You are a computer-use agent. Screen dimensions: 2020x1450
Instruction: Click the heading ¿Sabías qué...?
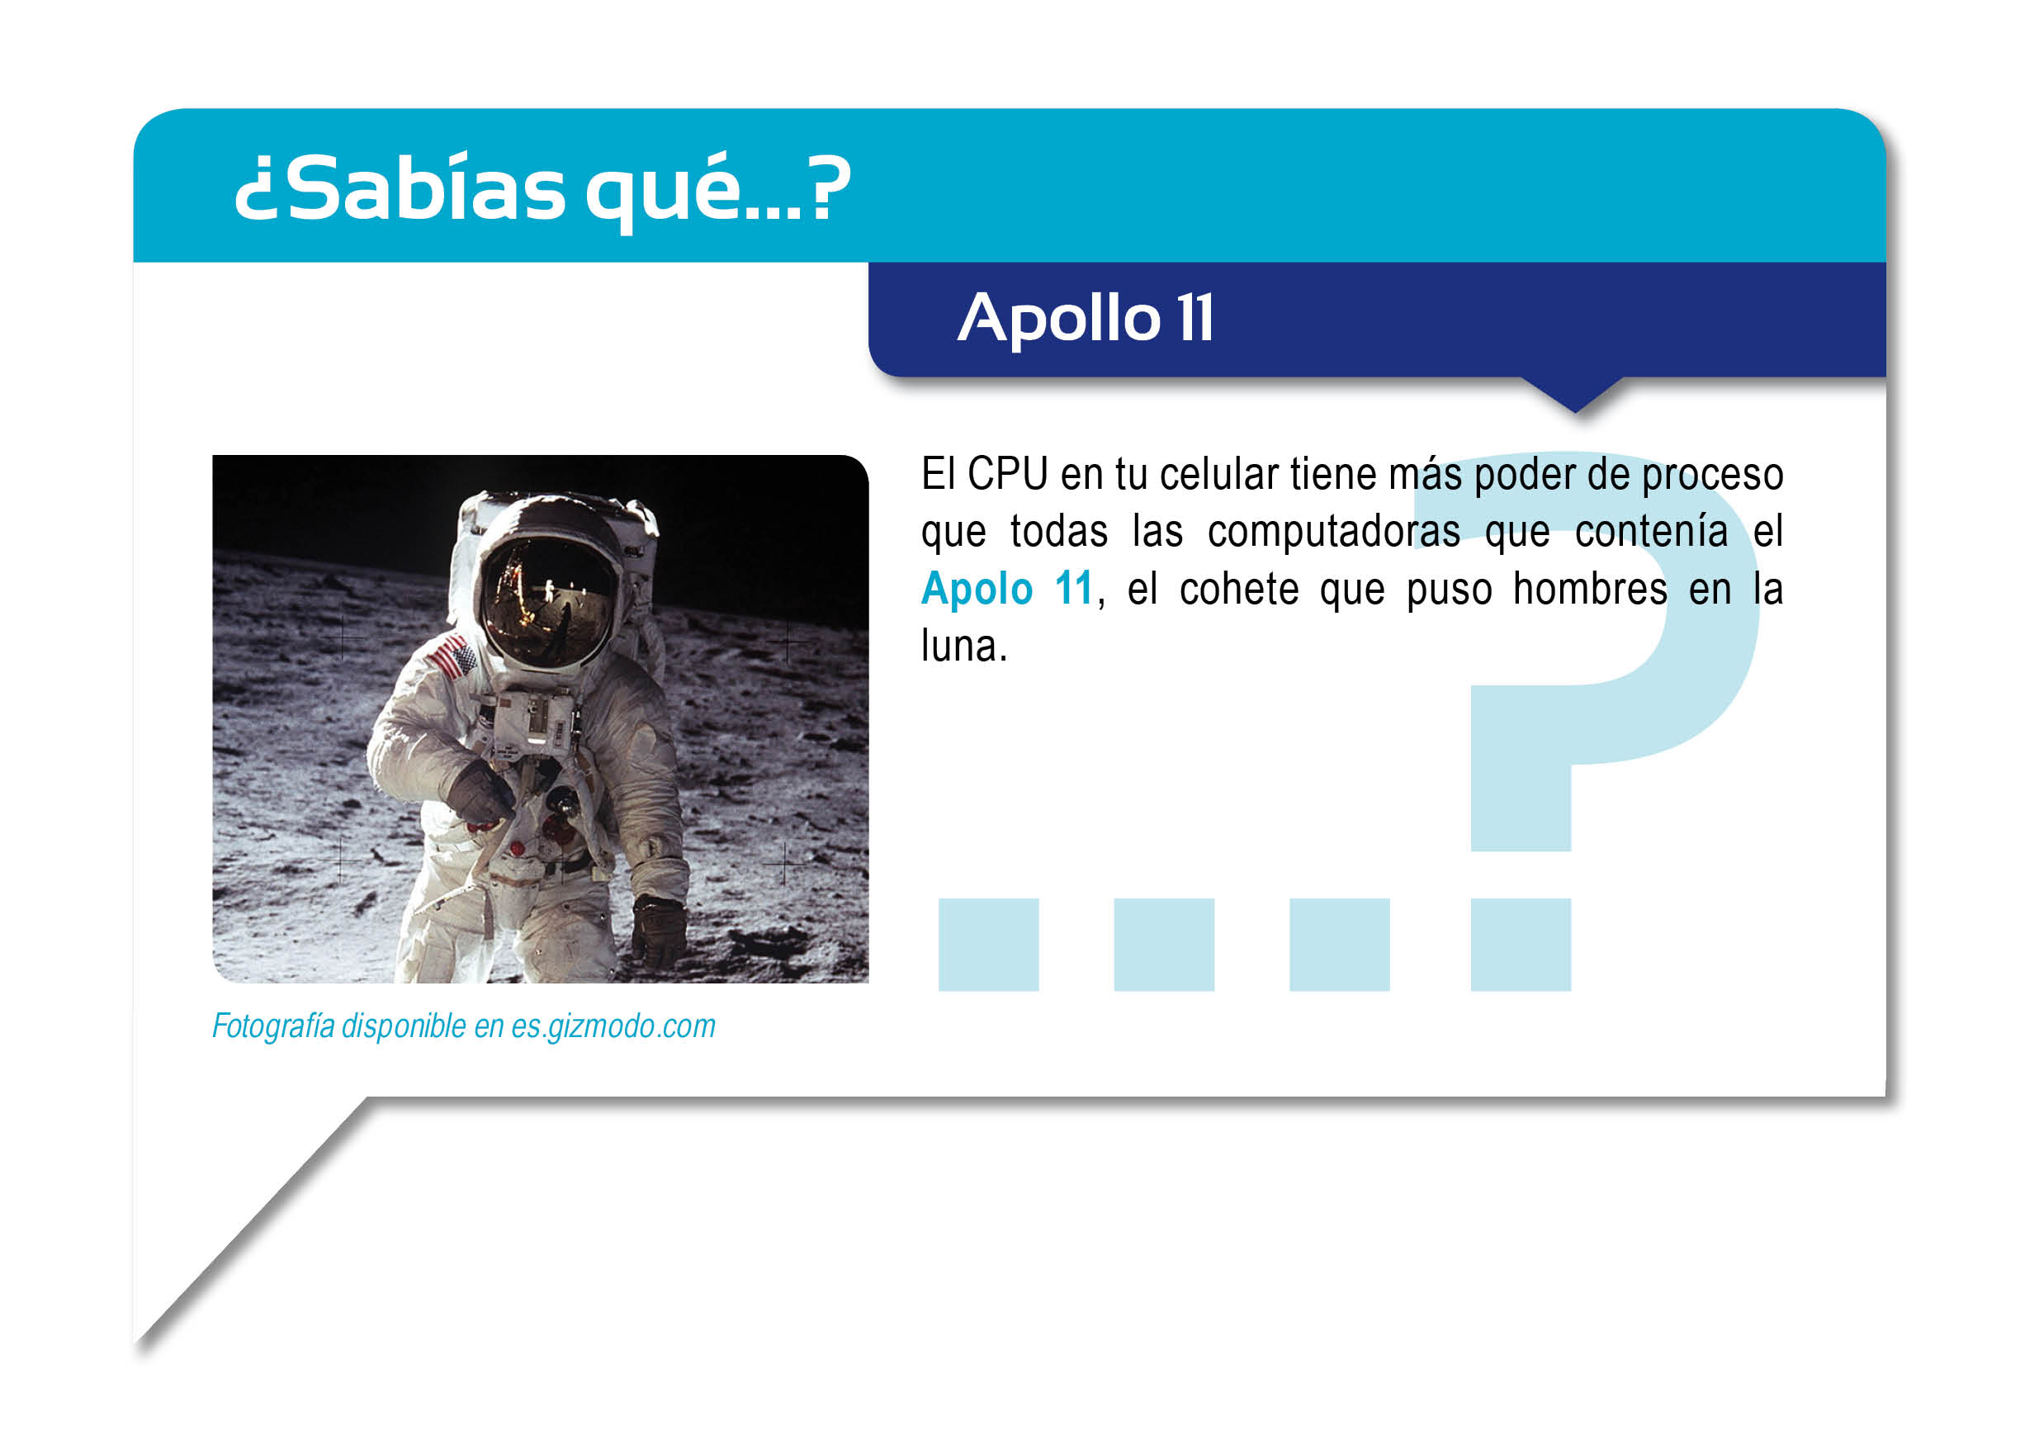click(x=542, y=190)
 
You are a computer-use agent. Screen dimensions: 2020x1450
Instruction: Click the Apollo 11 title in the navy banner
click(x=1086, y=318)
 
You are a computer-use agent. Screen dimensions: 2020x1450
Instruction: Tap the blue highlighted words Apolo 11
click(x=1006, y=589)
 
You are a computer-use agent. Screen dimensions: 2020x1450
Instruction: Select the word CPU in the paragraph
click(x=1007, y=473)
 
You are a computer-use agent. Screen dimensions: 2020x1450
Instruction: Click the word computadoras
click(x=1333, y=531)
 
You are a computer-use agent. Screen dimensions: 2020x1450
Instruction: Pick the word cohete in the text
click(x=1239, y=589)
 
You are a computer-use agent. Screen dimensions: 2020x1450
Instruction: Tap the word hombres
click(x=1590, y=589)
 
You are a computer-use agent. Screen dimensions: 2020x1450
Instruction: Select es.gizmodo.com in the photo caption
click(x=613, y=1026)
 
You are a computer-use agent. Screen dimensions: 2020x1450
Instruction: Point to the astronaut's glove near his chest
click(x=482, y=790)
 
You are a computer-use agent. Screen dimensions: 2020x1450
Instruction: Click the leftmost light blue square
click(x=989, y=944)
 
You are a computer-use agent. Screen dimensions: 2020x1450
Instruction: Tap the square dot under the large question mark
click(x=1521, y=944)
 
